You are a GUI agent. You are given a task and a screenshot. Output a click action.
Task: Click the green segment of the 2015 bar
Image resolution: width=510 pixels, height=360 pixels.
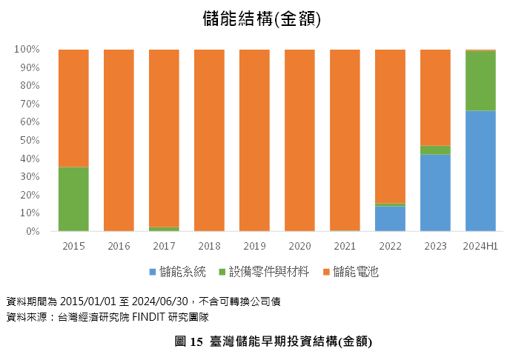point(73,199)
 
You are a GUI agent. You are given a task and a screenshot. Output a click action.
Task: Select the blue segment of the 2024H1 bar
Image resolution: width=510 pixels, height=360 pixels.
point(480,171)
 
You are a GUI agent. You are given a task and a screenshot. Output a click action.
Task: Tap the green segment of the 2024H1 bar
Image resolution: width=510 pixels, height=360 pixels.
point(480,81)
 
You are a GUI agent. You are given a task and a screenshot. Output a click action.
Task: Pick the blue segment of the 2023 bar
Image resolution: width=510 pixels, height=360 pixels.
point(435,193)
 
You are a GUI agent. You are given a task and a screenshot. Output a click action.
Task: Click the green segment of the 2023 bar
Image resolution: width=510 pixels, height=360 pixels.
point(435,150)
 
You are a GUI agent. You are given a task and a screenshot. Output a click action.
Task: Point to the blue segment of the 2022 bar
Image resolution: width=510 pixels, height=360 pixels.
point(390,219)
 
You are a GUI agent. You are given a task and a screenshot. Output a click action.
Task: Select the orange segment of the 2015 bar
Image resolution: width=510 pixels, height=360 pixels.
point(73,108)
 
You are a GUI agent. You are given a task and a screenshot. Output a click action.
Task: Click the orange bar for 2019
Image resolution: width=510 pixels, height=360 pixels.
point(254,140)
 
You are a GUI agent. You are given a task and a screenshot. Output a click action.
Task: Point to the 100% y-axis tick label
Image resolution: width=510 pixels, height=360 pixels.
point(27,50)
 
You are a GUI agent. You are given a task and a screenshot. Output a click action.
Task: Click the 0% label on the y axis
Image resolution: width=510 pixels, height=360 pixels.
point(33,231)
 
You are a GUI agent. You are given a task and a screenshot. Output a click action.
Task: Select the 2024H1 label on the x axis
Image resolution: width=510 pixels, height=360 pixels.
point(480,246)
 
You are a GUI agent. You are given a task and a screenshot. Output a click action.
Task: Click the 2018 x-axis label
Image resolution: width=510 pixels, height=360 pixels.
point(209,246)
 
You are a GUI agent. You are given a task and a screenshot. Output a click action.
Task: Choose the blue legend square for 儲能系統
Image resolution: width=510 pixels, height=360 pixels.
point(153,272)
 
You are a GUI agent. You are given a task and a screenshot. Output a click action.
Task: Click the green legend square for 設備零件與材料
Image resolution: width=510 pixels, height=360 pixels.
point(222,272)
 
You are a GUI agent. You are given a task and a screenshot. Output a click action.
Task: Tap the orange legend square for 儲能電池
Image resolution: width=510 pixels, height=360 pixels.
point(326,272)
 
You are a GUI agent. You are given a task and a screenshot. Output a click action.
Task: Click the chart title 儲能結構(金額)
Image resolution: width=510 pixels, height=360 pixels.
point(262,19)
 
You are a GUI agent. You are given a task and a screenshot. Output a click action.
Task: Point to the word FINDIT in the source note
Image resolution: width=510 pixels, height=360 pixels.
point(148,317)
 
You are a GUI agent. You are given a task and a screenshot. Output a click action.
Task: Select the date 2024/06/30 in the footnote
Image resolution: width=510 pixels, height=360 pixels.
point(160,301)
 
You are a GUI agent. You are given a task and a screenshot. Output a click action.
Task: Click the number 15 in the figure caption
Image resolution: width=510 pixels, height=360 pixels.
point(196,341)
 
